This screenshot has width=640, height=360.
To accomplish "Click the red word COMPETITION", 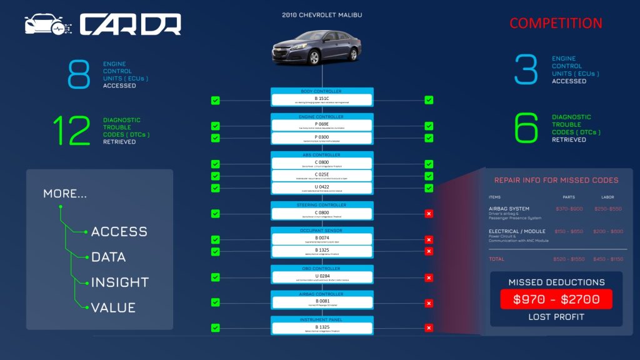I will (556, 24).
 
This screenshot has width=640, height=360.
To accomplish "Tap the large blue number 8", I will (79, 74).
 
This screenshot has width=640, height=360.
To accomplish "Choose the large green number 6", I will (526, 128).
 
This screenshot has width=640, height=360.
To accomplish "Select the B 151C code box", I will (322, 100).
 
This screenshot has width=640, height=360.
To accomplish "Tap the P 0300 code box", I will (322, 137).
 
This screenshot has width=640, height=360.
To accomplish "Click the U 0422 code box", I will (322, 188).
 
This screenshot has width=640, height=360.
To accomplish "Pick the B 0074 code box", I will (322, 239).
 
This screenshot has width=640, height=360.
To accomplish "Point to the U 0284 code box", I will (322, 277).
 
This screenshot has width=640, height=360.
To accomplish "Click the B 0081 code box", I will (322, 302).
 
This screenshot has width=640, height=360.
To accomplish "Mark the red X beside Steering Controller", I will (429, 214).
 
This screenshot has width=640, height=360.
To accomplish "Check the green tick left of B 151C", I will (216, 100).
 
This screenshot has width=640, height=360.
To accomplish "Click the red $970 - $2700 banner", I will (556, 299).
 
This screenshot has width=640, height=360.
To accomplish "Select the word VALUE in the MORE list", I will (113, 307).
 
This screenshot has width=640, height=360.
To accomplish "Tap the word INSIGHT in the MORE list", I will (119, 282).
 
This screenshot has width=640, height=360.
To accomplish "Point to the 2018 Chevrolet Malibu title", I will (322, 14).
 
